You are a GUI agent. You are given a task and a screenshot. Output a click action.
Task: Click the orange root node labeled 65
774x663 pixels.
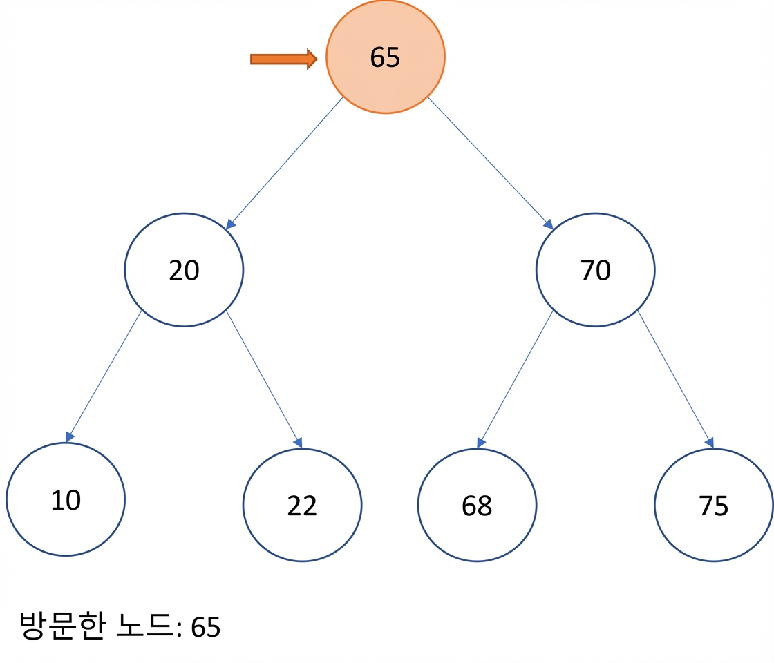[386, 57]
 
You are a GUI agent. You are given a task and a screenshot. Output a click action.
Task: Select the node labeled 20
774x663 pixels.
[184, 270]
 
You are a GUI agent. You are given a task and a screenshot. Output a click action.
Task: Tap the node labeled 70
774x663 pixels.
[595, 270]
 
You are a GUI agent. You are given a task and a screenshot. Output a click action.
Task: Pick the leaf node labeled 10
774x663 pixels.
[66, 499]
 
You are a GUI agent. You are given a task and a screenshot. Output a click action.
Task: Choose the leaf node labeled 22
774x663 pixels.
[302, 505]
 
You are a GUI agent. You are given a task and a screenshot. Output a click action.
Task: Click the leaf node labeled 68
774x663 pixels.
[477, 505]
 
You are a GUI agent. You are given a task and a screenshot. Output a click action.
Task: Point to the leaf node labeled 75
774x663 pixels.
[714, 505]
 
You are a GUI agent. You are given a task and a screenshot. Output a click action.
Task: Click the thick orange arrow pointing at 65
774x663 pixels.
[284, 59]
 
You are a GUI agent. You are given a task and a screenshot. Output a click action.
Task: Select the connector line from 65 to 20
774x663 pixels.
[284, 163]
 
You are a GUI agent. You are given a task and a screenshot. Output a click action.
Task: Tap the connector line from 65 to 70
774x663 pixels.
[490, 163]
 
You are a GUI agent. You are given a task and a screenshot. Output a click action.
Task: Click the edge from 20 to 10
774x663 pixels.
[104, 376]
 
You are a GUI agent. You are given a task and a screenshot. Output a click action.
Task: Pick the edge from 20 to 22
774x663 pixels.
[264, 379]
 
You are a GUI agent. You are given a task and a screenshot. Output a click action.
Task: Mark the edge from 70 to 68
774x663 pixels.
[515, 379]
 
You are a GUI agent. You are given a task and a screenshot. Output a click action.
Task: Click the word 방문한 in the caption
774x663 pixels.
[63, 626]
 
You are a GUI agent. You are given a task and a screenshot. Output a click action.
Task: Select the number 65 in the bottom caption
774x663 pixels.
[206, 628]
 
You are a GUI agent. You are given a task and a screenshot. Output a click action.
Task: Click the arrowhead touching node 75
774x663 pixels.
[710, 443]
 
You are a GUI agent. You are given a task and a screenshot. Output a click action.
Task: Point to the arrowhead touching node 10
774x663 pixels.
[70, 436]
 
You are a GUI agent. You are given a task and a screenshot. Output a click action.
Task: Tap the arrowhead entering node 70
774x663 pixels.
[549, 224]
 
